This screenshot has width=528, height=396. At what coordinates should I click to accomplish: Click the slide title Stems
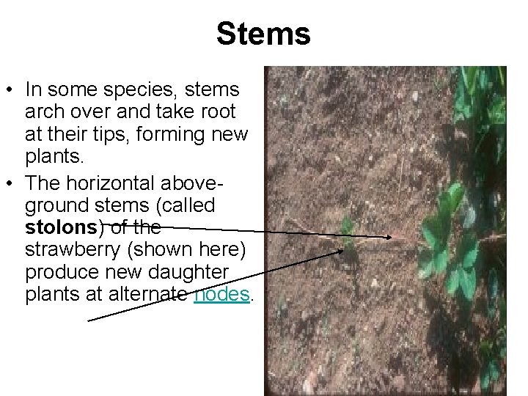[263, 34]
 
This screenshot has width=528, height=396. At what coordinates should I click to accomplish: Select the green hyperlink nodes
[222, 294]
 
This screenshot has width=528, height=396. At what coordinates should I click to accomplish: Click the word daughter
[191, 272]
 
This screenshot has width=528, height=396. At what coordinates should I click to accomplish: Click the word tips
[115, 136]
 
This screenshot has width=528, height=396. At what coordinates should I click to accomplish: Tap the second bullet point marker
[10, 183]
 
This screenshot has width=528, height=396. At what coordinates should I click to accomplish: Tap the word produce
[56, 272]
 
